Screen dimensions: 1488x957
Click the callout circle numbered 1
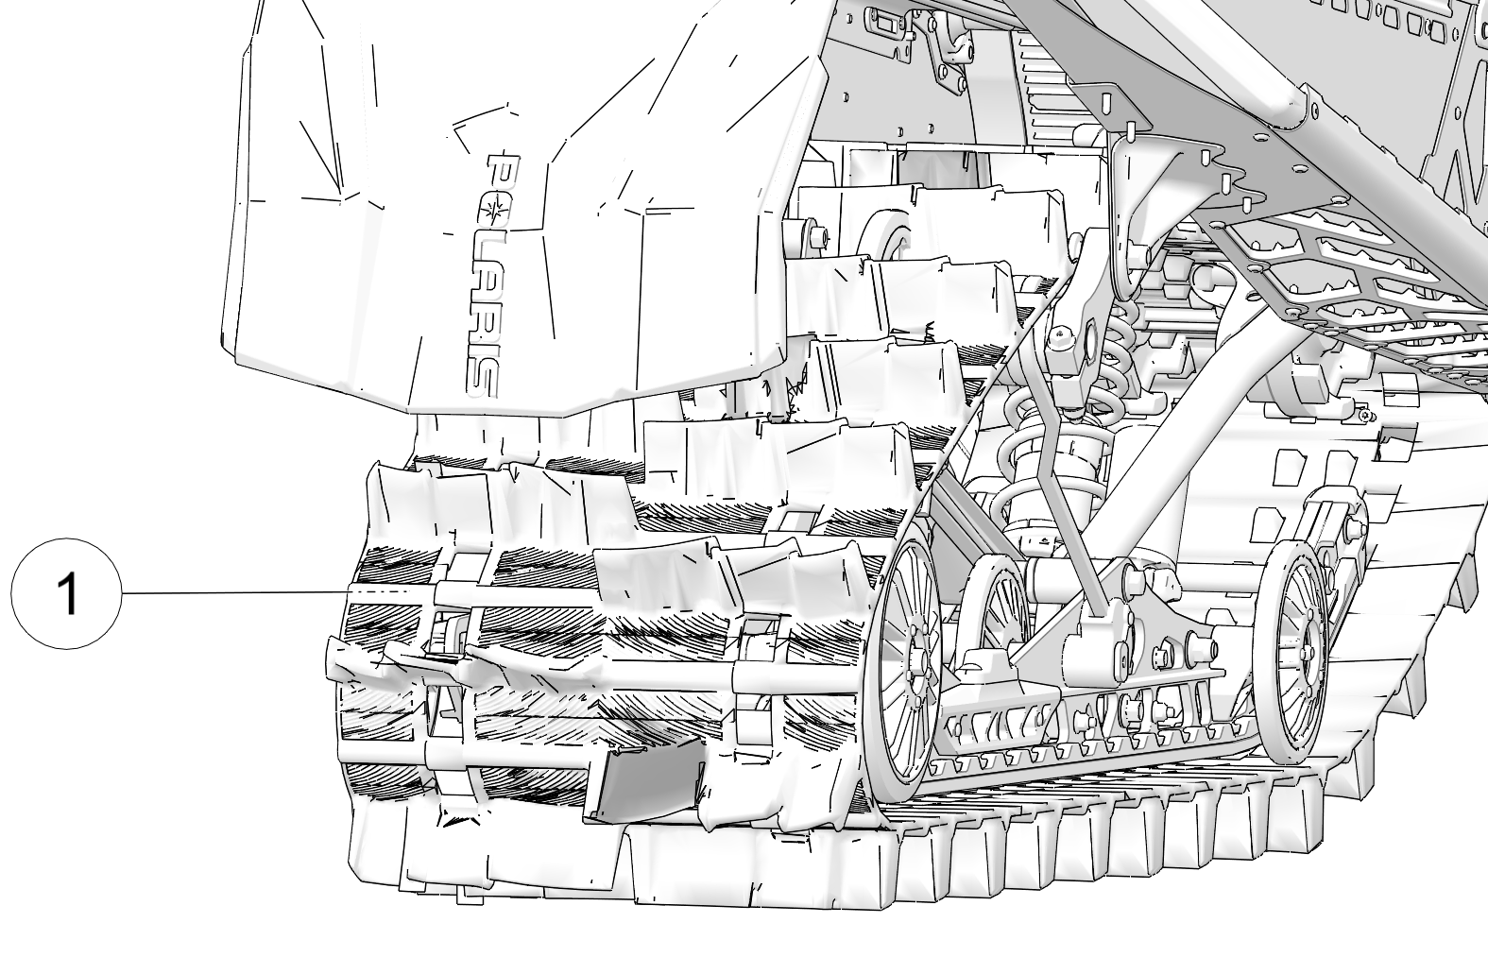pyautogui.click(x=66, y=593)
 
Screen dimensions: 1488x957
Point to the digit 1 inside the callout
pyautogui.click(x=68, y=593)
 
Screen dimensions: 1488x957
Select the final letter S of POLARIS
pyautogui.click(x=481, y=377)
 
